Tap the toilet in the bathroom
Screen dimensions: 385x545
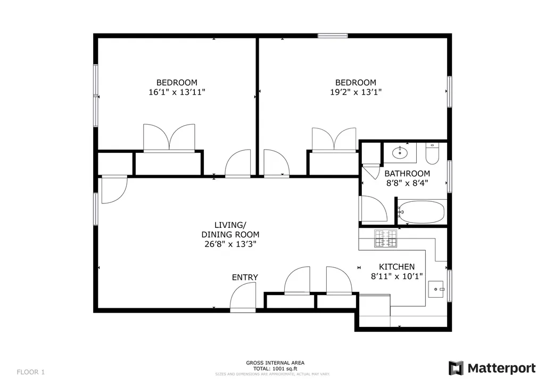pos(432,154)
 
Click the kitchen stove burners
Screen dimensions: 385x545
pos(385,239)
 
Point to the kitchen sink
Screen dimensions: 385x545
pos(439,289)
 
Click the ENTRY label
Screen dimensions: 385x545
pos(245,277)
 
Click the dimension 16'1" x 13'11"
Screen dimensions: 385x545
pos(177,92)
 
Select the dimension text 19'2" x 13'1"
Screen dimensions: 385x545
pos(355,92)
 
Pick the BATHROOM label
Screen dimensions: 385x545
pos(407,174)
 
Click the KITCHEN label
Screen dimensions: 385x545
pos(397,267)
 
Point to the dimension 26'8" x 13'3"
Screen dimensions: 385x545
pos(230,244)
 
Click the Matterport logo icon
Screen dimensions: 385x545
pos(456,368)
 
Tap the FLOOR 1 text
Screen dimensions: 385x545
pos(31,372)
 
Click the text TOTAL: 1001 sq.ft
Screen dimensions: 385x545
pos(275,368)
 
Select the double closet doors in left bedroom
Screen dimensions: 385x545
pos(169,138)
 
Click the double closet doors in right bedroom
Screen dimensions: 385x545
pos(334,140)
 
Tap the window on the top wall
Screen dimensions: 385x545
pos(333,36)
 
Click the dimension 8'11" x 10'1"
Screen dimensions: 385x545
pos(397,276)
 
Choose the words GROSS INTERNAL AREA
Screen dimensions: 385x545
pos(275,363)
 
